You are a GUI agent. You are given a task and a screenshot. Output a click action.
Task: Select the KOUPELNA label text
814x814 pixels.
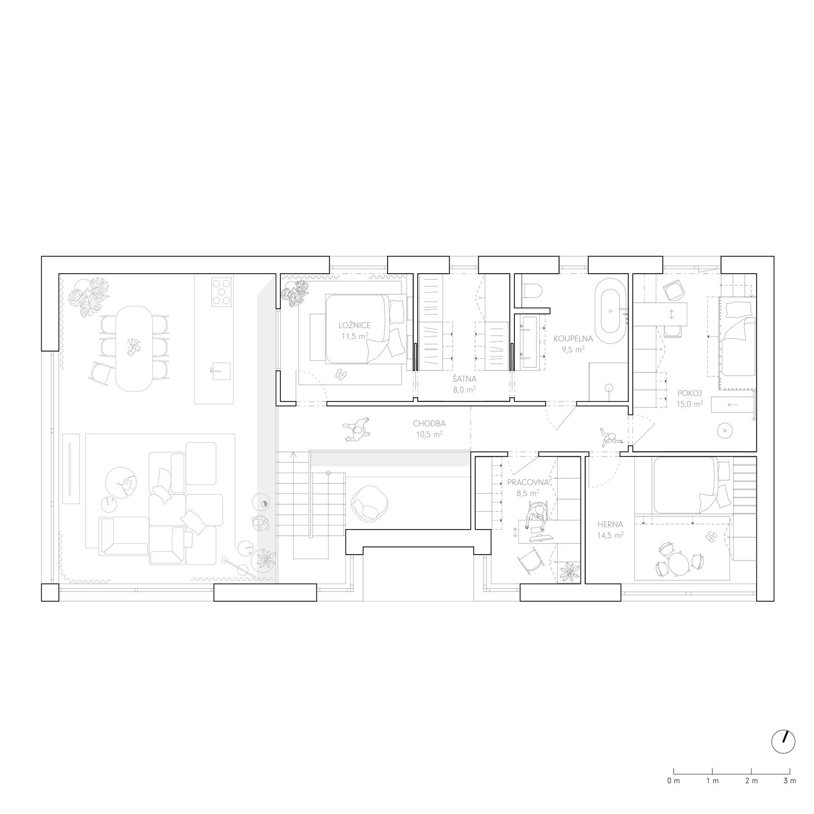[573, 337]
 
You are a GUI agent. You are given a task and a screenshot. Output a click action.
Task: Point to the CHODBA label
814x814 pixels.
[429, 423]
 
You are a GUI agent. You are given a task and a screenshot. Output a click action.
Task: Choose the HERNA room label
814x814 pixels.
[610, 524]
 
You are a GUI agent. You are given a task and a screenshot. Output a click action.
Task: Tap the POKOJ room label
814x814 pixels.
[690, 393]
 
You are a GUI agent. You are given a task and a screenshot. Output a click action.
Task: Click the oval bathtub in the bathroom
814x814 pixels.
[610, 315]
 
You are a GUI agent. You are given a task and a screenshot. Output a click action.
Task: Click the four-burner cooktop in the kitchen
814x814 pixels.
[221, 291]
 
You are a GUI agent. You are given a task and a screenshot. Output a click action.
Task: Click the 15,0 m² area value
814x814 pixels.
[690, 404]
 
